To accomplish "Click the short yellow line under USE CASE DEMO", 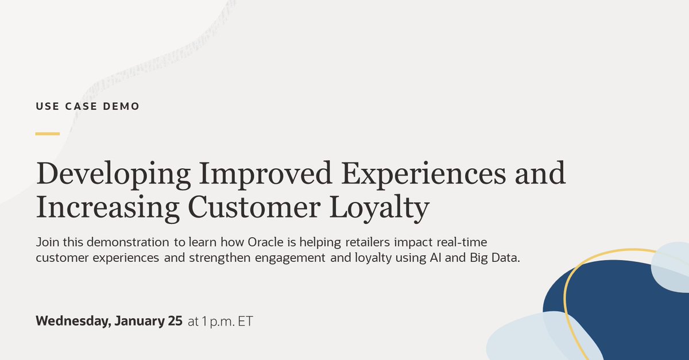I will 47,134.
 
